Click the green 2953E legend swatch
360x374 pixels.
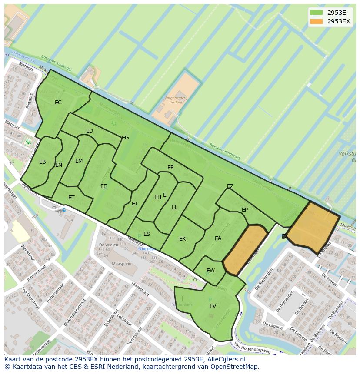[316, 13]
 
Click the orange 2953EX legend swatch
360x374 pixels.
[316, 21]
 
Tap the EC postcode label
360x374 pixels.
[58, 103]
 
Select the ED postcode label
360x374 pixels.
[90, 131]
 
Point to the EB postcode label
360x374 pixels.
[43, 162]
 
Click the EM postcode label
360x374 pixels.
[79, 161]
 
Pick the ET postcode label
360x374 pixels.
[71, 198]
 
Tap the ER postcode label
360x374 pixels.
[171, 168]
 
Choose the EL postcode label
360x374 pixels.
[175, 207]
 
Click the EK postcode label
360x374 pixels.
[183, 239]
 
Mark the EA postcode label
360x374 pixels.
[218, 238]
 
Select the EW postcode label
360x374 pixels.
[210, 271]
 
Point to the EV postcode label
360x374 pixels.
[213, 306]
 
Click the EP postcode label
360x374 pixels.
[245, 210]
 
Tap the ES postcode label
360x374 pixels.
[147, 234]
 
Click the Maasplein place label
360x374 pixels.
[121, 264]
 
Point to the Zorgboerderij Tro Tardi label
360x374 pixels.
[176, 101]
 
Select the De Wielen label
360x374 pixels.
[108, 245]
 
